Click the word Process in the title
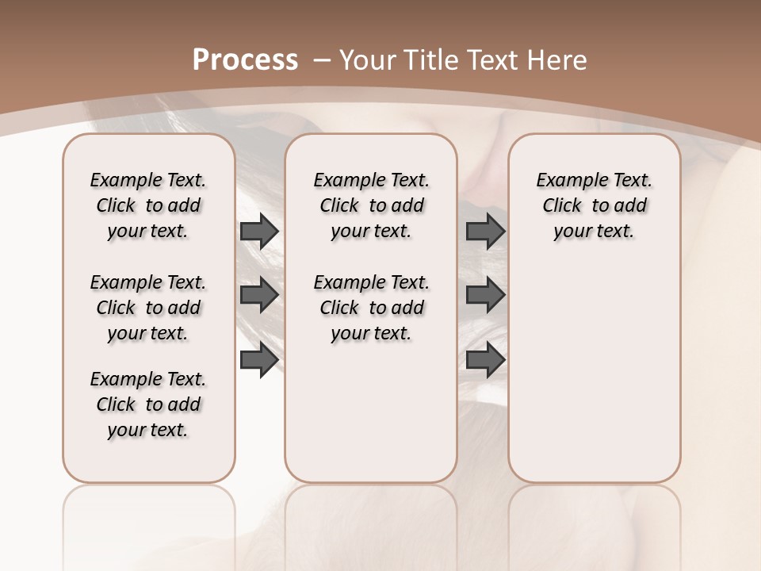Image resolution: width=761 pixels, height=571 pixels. coord(246,60)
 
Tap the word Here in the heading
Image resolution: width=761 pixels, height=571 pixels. coord(556,60)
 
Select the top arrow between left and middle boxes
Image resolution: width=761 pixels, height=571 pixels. coord(259,231)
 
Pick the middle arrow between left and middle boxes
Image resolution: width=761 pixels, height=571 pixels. coord(259,295)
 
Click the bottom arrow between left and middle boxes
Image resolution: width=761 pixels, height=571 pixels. coord(259,359)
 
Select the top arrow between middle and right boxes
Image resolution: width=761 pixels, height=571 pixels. coord(485,231)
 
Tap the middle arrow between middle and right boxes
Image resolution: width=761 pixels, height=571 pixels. coord(485,295)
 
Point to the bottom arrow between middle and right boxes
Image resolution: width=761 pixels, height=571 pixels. coord(485,359)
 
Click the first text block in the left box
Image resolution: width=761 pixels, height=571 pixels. coord(148,205)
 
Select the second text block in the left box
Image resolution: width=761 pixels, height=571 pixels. coord(148,308)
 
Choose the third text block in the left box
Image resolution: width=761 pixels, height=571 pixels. coord(148,404)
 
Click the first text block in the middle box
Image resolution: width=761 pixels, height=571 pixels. coord(371,205)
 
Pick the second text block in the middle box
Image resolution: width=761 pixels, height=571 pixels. coord(371,308)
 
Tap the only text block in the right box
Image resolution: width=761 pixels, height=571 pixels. coord(595,205)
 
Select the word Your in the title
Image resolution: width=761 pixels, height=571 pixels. coord(369,60)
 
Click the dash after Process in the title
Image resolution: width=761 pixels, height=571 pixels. coord(322,60)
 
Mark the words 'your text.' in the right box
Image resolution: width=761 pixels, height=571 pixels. coord(595,232)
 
